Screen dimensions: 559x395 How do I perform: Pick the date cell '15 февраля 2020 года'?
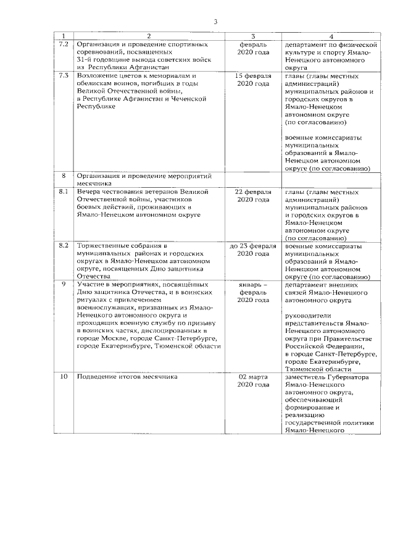click(x=254, y=79)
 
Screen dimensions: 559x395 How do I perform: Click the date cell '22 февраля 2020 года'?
click(x=254, y=196)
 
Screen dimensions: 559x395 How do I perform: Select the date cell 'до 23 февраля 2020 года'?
click(x=254, y=249)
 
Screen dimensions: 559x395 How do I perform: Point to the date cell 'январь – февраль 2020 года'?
click(x=254, y=292)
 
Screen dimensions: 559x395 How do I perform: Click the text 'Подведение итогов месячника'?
click(x=127, y=376)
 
